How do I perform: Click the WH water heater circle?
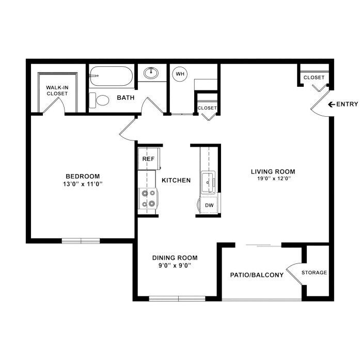click(180, 74)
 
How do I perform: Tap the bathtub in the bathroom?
click(111, 77)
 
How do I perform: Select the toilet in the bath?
click(101, 100)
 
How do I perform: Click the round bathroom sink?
click(152, 73)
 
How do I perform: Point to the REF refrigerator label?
click(148, 159)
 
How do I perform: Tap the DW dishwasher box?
click(209, 205)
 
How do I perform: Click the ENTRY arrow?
click(331, 104)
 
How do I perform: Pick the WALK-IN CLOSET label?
click(57, 90)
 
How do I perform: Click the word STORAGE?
click(314, 273)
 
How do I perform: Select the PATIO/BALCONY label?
click(257, 275)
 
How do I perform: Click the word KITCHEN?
click(176, 180)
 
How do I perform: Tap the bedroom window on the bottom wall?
click(81, 240)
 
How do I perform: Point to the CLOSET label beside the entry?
click(314, 77)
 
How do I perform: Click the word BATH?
click(126, 98)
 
